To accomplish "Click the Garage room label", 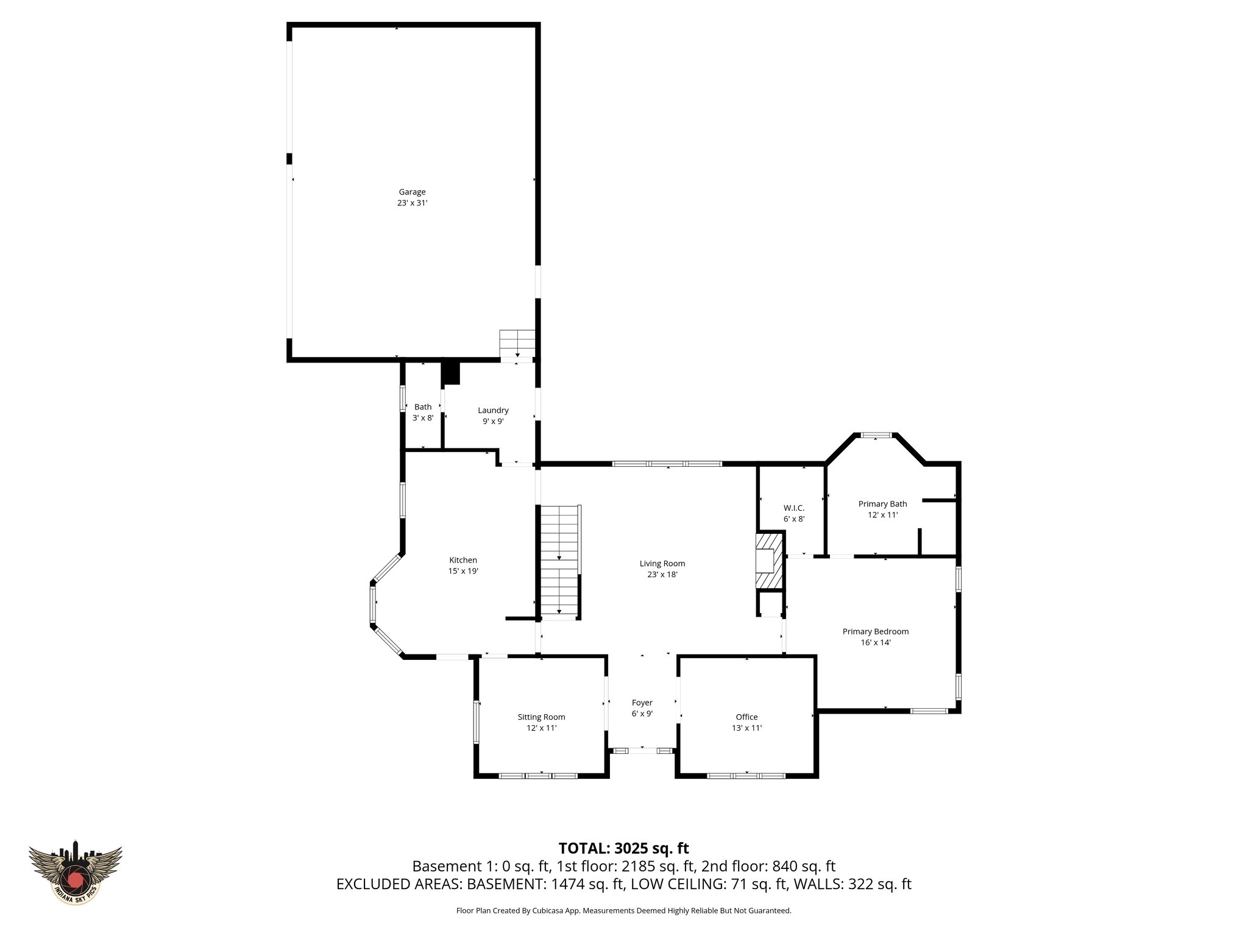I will pyautogui.click(x=412, y=192).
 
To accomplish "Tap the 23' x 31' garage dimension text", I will pyautogui.click(x=412, y=204).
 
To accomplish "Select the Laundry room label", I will pyautogui.click(x=493, y=410).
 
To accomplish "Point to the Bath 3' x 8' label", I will pyautogui.click(x=423, y=413).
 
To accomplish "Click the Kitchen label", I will pyautogui.click(x=463, y=560).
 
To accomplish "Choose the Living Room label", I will pyautogui.click(x=662, y=564).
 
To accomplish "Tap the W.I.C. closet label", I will pyautogui.click(x=793, y=508).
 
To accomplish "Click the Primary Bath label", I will pyautogui.click(x=882, y=504).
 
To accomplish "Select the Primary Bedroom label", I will pyautogui.click(x=875, y=631).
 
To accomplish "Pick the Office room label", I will pyautogui.click(x=746, y=717).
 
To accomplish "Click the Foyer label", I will pyautogui.click(x=642, y=703).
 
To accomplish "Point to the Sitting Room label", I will pyautogui.click(x=541, y=717).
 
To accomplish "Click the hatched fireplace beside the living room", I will pyautogui.click(x=769, y=561).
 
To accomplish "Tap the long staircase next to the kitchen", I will pyautogui.click(x=559, y=561).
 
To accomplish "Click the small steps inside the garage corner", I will pyautogui.click(x=517, y=344).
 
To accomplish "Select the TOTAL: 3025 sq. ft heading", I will pyautogui.click(x=623, y=848).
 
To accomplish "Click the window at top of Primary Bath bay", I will pyautogui.click(x=876, y=435).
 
